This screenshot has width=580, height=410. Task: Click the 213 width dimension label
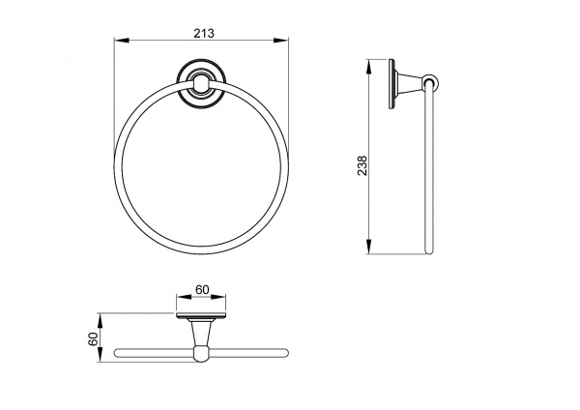[x=204, y=33]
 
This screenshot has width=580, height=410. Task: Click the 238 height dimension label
[x=362, y=165]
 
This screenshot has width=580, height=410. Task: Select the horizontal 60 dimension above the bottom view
[x=202, y=289]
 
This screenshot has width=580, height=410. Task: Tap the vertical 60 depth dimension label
[x=93, y=339]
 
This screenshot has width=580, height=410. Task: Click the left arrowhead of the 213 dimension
[x=121, y=40]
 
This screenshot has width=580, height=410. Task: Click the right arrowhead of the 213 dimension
[x=280, y=40]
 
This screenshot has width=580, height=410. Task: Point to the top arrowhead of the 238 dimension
[x=368, y=67]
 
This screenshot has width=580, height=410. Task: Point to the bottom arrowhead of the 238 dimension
[x=368, y=247]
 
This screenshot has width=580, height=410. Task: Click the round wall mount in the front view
[x=201, y=83]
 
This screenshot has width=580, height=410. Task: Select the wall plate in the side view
[x=391, y=84]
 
